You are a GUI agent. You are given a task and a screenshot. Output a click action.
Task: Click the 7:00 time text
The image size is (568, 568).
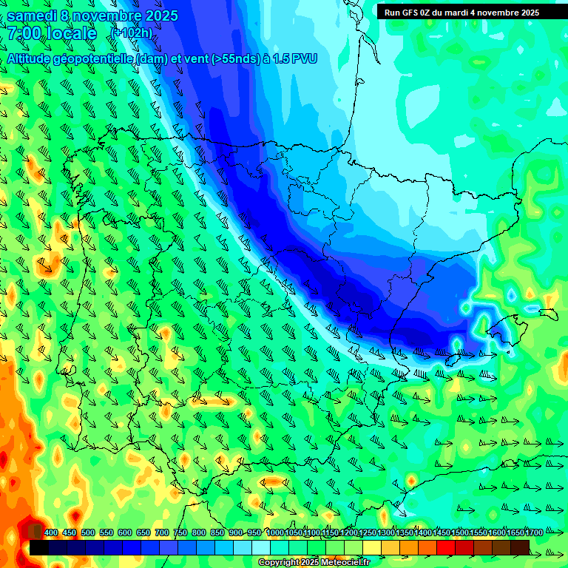[23, 33]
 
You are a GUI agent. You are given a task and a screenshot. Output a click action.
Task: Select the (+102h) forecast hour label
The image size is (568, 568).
[131, 33]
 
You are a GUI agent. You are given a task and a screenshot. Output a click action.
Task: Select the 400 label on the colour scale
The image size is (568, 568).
[51, 532]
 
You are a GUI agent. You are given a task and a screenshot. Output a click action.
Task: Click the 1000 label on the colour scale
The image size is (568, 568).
[274, 532]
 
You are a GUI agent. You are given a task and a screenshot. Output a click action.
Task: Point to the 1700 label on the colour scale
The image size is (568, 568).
[514, 532]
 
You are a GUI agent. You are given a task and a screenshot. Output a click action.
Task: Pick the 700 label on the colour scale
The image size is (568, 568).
[162, 532]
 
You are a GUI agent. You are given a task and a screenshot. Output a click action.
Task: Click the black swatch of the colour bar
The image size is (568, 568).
[39, 547]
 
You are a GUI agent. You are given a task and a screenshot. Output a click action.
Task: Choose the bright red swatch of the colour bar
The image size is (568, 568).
[446, 547]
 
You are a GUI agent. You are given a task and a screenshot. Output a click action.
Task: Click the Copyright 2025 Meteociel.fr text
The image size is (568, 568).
[314, 563]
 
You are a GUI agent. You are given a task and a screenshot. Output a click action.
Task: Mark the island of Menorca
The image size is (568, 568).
[548, 314]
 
